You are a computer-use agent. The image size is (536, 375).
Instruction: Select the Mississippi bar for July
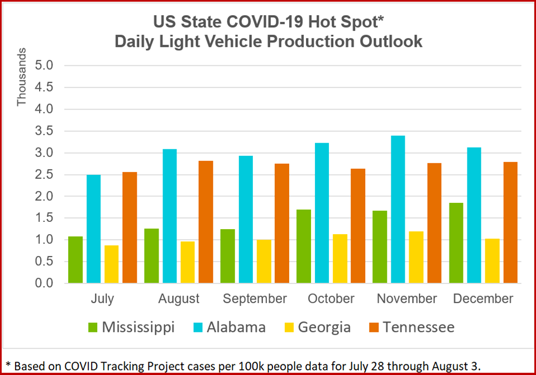tap(75, 260)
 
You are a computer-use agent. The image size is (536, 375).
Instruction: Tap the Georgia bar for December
tap(492, 261)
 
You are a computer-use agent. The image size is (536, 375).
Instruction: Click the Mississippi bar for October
tap(304, 246)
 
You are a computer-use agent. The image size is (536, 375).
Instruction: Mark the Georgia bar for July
tap(111, 264)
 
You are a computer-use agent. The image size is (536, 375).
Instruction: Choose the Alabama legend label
tap(236, 327)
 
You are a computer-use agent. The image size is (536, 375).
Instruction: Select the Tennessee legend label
tap(418, 327)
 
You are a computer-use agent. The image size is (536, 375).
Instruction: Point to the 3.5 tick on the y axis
tap(46, 131)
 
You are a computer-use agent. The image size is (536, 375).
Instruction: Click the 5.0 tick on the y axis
tap(46, 66)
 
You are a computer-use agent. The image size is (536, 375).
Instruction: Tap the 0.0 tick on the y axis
tap(46, 283)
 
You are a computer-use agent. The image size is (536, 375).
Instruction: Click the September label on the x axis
tap(255, 299)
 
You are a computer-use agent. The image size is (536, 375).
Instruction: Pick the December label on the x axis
tap(483, 299)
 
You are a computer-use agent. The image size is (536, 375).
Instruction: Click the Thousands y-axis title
tap(22, 77)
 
